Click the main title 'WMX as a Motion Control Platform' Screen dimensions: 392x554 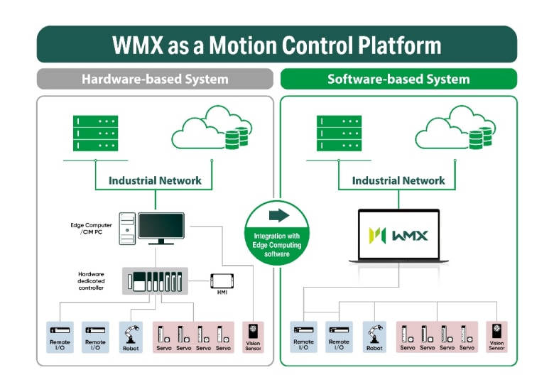click(276, 45)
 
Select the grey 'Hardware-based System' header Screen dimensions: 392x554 click(155, 79)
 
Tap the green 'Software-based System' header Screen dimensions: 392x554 click(398, 79)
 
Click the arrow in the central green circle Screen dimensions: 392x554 click(277, 215)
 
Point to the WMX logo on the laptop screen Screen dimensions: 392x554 click(398, 234)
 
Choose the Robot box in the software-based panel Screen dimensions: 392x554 click(375, 337)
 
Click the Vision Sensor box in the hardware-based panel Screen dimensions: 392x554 click(253, 337)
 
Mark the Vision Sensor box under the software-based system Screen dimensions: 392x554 click(496, 337)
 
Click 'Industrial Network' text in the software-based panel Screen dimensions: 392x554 click(398, 180)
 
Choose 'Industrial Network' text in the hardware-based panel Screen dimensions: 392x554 click(155, 180)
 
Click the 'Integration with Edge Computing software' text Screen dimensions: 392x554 click(277, 245)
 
